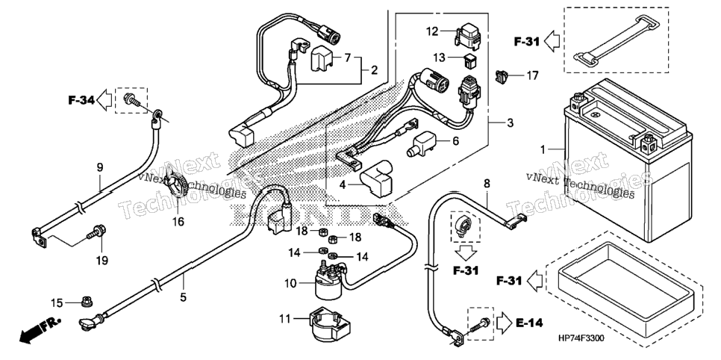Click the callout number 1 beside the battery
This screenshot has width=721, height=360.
[543, 149]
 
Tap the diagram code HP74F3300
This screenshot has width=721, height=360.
[581, 339]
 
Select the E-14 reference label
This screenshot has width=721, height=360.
[529, 323]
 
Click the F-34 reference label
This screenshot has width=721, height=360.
[81, 99]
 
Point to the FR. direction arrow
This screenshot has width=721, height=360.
[40, 330]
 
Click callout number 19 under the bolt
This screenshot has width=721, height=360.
[102, 261]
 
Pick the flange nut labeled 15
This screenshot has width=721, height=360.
[85, 302]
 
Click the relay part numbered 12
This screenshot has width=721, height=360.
[466, 34]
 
